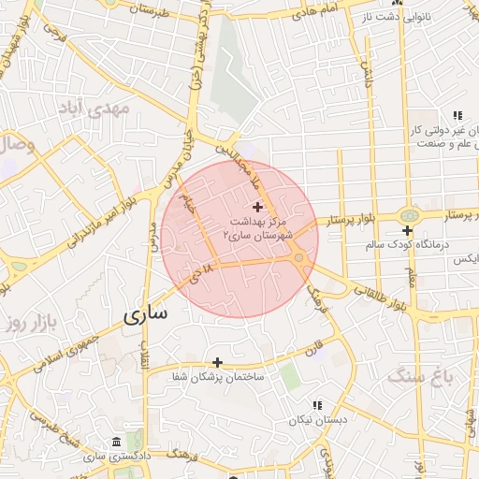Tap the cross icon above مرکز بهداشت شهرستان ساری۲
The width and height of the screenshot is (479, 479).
click(258, 206)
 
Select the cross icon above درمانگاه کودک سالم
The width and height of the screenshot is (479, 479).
click(407, 230)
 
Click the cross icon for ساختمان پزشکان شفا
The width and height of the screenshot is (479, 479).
click(217, 362)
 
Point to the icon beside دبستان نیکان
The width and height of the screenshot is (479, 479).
click(317, 406)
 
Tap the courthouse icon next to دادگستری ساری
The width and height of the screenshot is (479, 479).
click(115, 442)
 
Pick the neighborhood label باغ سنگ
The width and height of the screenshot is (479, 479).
click(428, 377)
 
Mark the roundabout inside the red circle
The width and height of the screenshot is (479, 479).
click(298, 257)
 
